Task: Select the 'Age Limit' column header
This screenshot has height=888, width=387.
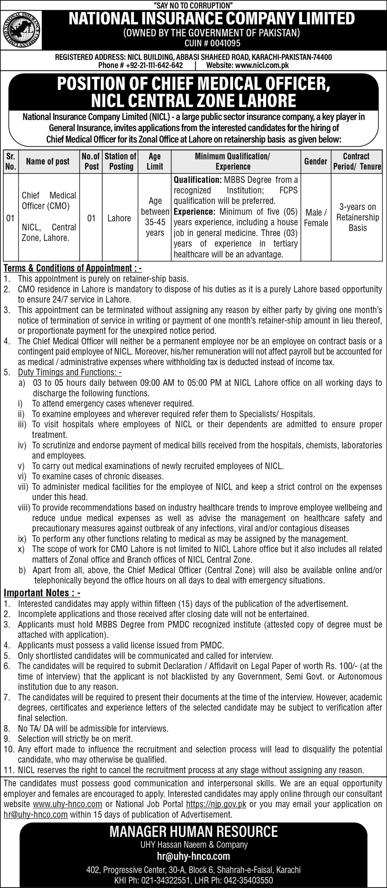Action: point(155,161)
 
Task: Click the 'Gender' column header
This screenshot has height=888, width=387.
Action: point(316,161)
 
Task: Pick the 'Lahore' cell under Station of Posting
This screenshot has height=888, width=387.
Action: point(119,218)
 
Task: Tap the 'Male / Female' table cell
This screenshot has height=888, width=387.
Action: point(316,218)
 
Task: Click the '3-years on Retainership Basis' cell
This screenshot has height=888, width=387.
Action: point(358,217)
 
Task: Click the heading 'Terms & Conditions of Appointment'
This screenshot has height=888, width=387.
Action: point(73,268)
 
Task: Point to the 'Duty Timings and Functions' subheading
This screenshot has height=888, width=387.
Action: point(69,373)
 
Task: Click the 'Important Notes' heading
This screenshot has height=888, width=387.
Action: point(42,593)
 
